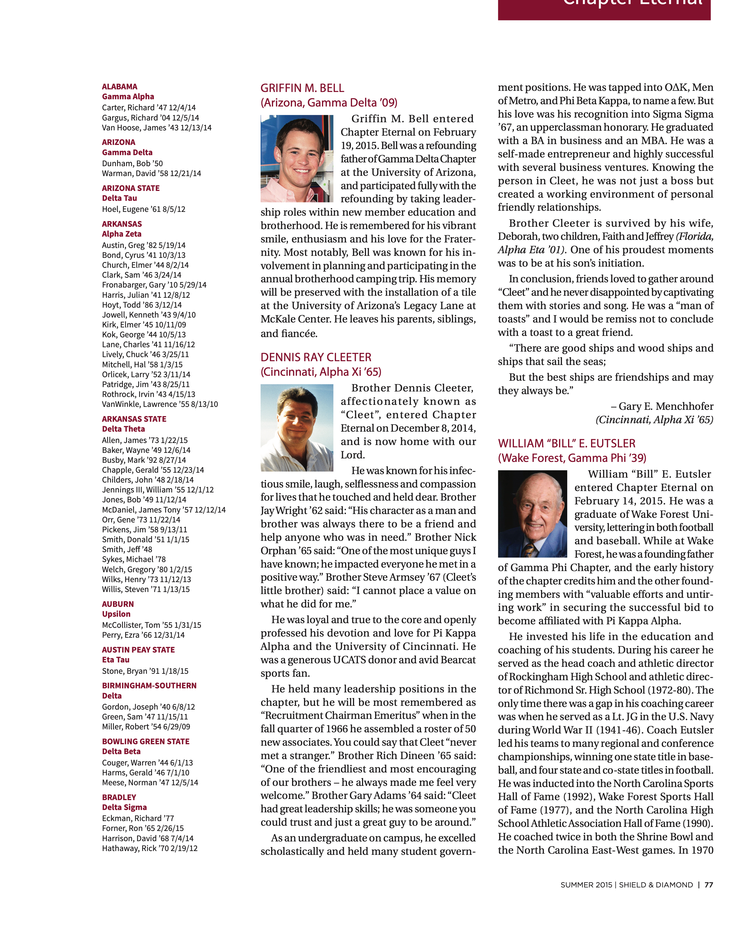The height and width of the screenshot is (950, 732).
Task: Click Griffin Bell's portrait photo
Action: (297, 158)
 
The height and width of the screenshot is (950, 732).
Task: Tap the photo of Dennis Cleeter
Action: (297, 428)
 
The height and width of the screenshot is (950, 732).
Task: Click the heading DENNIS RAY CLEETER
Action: (316, 357)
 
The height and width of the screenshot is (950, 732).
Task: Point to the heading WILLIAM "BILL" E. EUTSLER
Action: (566, 443)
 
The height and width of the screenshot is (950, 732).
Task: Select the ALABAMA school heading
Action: (120, 86)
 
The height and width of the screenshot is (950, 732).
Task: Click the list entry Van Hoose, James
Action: (157, 127)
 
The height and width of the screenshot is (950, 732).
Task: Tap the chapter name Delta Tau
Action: (120, 198)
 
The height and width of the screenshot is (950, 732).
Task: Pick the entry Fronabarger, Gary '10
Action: (154, 285)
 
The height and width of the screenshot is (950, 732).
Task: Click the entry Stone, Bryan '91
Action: (145, 671)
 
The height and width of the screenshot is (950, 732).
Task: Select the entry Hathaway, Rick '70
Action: (150, 848)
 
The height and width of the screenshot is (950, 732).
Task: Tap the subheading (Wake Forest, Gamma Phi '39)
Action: (572, 458)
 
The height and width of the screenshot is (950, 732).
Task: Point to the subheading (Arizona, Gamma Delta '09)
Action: (328, 103)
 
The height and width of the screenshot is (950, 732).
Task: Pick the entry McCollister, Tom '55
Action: (151, 625)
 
